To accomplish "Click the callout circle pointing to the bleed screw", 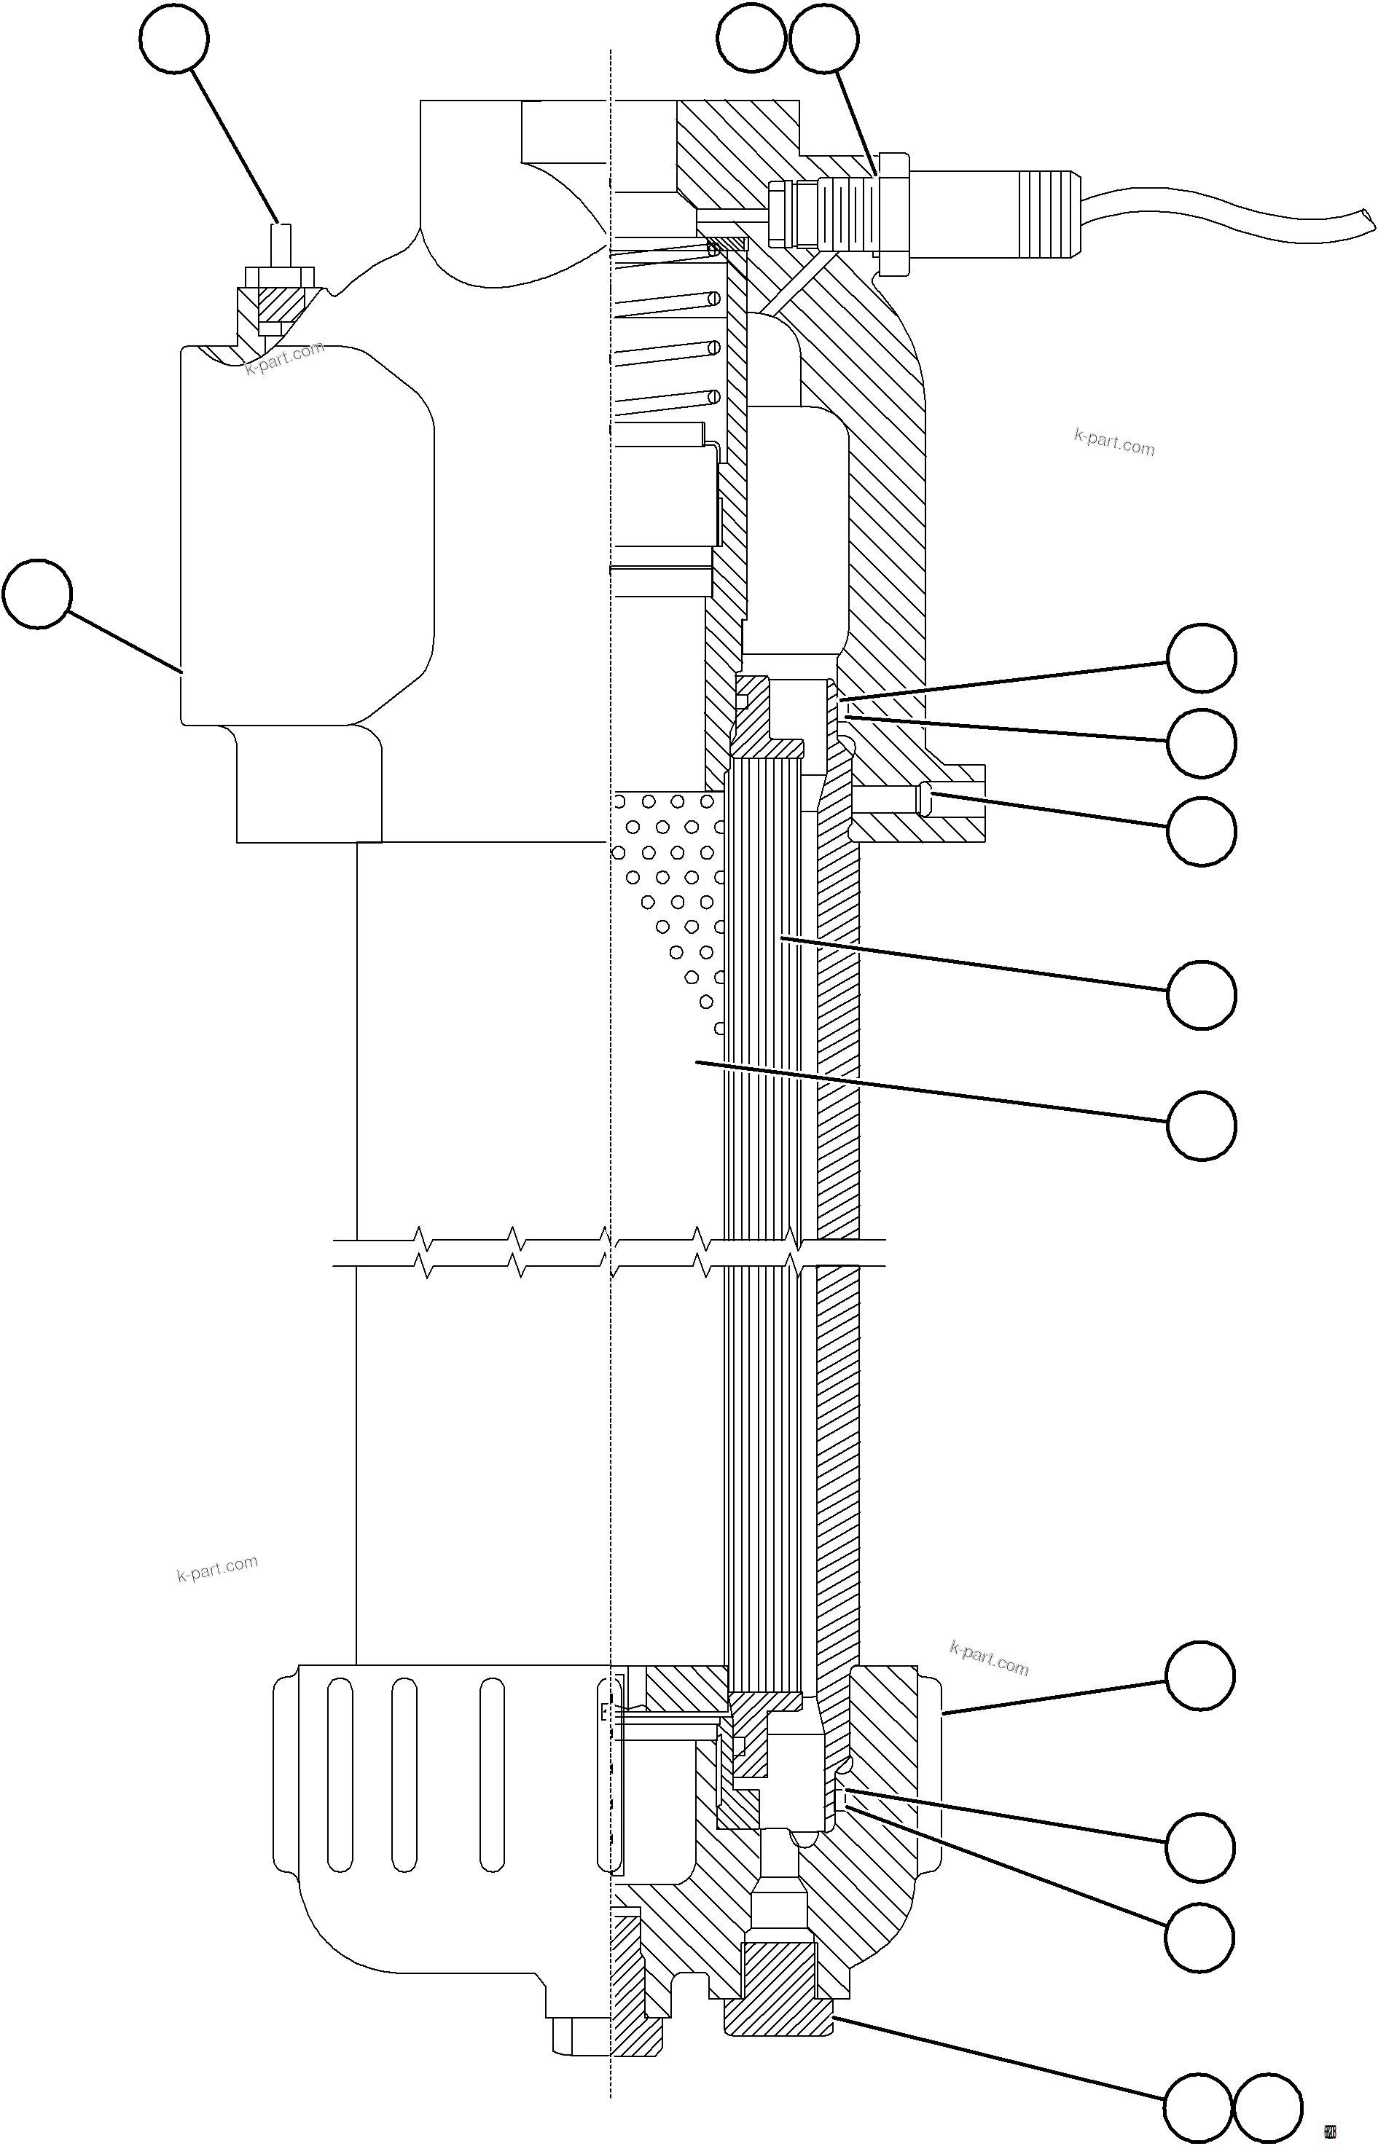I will pyautogui.click(x=174, y=39).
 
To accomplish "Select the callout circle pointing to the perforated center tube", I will pyautogui.click(x=1202, y=1125).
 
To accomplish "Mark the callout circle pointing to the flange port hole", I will pyautogui.click(x=1202, y=831).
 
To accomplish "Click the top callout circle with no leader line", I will pyautogui.click(x=751, y=39).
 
